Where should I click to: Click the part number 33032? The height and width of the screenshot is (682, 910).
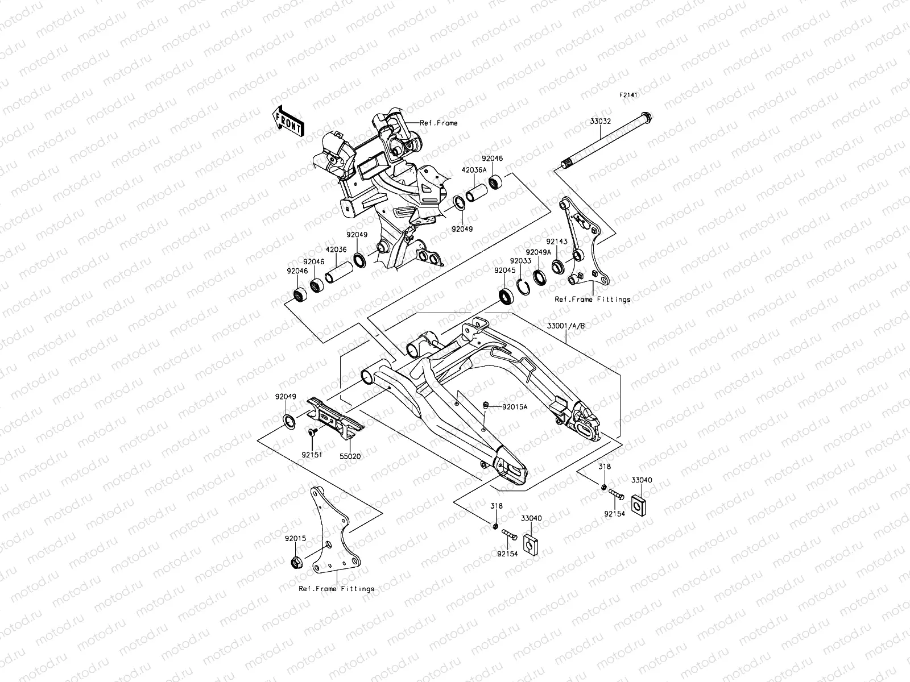click(x=601, y=121)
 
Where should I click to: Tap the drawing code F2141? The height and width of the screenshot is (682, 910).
click(x=628, y=96)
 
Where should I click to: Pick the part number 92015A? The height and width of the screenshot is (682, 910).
click(x=514, y=407)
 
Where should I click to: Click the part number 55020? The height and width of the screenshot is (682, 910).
click(x=350, y=456)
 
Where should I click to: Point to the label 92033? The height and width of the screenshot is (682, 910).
click(x=520, y=261)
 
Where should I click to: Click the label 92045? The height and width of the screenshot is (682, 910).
click(x=504, y=271)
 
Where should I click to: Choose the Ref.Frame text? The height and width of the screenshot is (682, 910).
click(x=439, y=123)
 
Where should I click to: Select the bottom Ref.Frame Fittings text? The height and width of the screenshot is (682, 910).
click(x=337, y=589)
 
